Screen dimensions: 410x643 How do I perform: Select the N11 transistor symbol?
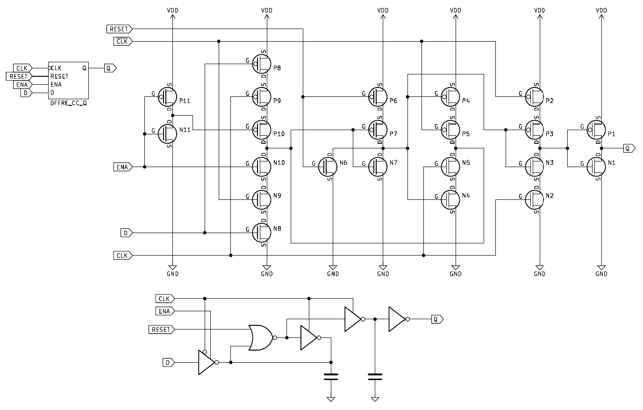167,133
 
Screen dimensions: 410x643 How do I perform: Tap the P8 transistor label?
277,68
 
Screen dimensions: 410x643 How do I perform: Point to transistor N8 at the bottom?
262,232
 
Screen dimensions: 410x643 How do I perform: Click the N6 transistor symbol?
328,166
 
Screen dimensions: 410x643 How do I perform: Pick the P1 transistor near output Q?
596,129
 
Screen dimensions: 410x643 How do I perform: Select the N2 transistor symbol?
535,199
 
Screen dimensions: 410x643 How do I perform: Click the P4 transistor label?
466,101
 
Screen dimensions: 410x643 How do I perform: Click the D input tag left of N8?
126,233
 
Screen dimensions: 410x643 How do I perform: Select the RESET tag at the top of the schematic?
120,29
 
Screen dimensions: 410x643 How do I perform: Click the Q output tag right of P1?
629,148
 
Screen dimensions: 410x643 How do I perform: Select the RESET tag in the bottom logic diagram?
161,329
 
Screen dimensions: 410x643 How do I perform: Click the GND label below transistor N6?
333,274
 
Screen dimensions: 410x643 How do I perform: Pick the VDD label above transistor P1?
601,10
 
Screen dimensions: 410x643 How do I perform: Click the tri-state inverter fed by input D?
206,362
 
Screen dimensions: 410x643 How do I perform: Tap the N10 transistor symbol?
262,166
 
